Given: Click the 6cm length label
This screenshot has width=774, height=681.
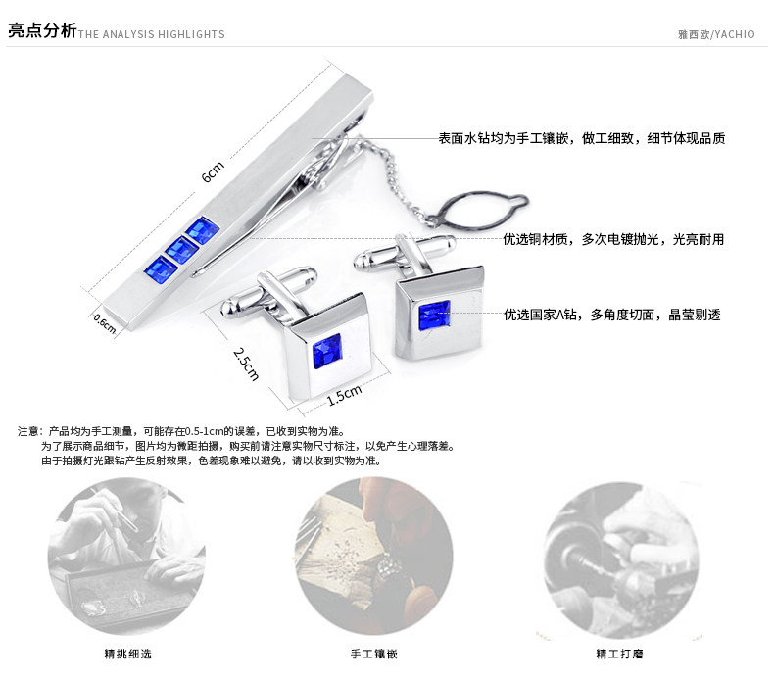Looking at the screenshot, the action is tap(213, 171).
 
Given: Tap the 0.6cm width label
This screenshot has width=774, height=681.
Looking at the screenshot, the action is tap(104, 323).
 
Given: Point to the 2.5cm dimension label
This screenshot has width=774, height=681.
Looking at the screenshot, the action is tap(246, 363).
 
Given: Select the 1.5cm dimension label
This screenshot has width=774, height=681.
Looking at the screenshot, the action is tap(344, 394).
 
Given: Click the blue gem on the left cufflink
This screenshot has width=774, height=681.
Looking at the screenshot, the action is tap(326, 352).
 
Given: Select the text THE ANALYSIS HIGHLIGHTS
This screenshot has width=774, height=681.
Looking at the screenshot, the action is tap(152, 34).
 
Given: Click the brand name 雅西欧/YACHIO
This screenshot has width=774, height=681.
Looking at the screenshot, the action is tap(716, 34).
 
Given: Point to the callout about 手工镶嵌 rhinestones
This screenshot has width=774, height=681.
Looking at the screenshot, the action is tap(581, 139).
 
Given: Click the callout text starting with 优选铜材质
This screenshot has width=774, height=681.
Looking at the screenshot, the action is tap(613, 239).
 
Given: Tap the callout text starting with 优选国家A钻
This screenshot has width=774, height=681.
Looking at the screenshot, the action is tap(611, 315).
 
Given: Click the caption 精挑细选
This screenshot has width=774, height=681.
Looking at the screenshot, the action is tap(127, 654).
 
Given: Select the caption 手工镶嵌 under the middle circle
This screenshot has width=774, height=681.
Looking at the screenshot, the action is tap(373, 654).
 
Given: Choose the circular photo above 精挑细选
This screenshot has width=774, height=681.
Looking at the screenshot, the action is tap(127, 557).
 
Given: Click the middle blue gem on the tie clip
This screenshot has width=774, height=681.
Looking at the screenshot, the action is tap(180, 250).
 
